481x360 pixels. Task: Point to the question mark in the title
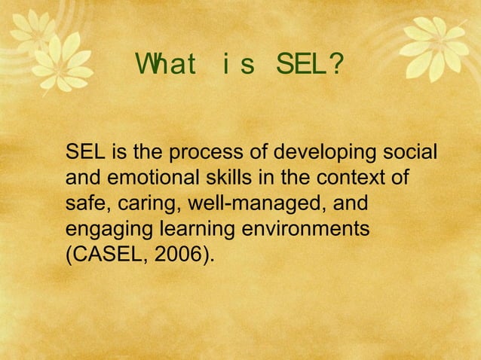337,68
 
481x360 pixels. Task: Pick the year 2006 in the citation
177,254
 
